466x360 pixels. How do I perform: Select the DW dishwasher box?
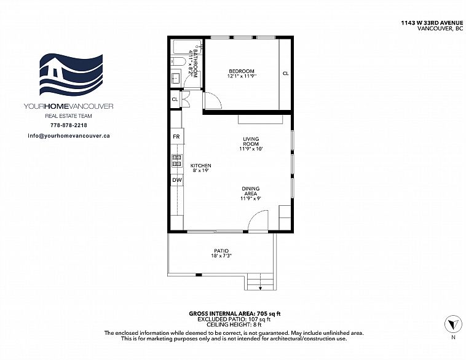click(x=177, y=180)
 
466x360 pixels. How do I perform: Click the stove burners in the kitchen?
click(x=177, y=161)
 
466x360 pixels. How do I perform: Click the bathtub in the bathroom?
click(x=188, y=47)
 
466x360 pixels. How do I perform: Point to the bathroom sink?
click(x=176, y=78)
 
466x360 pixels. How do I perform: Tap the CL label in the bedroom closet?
click(x=286, y=73)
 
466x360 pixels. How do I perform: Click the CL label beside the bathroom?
click(x=175, y=99)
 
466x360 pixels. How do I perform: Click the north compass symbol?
click(x=453, y=324)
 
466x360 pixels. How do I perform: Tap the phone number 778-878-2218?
click(x=69, y=125)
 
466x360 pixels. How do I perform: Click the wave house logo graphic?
click(x=71, y=74)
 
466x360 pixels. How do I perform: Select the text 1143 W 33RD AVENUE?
click(x=432, y=23)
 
